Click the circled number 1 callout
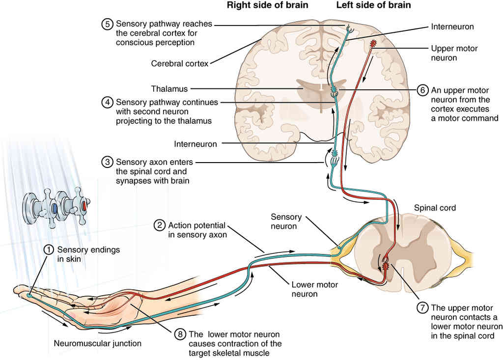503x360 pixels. (x=48, y=250)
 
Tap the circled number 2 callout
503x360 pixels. (x=159, y=225)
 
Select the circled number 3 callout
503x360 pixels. (x=107, y=162)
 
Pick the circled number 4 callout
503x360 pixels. (x=107, y=103)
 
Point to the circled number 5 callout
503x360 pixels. (x=107, y=24)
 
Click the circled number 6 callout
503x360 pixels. (x=422, y=90)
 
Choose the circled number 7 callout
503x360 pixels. (x=422, y=308)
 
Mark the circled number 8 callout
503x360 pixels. (x=180, y=334)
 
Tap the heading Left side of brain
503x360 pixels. (x=373, y=5)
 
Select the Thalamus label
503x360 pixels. (x=169, y=89)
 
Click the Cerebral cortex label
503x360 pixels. (x=180, y=63)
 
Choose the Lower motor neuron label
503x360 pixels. (x=305, y=289)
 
